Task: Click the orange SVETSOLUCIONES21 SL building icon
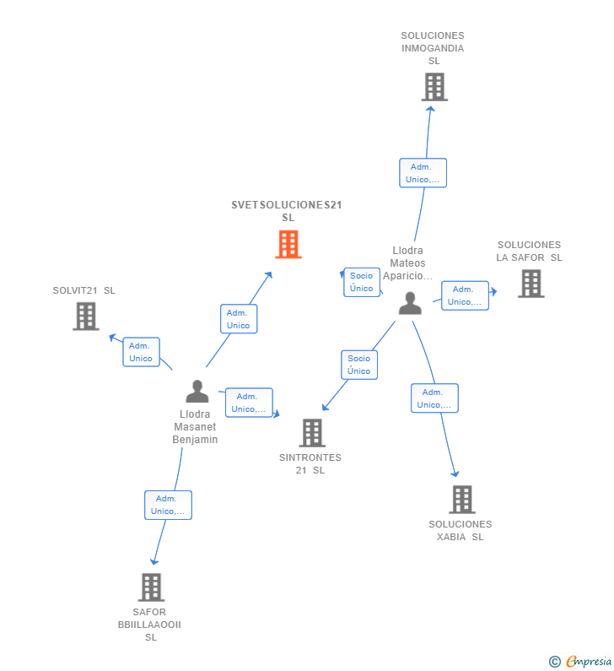click(x=288, y=245)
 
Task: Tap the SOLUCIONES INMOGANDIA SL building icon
click(x=434, y=87)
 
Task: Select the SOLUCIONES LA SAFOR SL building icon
click(x=531, y=284)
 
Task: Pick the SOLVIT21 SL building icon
click(x=86, y=316)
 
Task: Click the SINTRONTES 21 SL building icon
click(x=312, y=433)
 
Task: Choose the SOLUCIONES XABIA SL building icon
click(x=461, y=500)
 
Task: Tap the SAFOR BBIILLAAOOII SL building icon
click(x=151, y=587)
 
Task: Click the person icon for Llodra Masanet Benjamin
click(x=197, y=392)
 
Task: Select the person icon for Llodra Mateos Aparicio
click(x=410, y=303)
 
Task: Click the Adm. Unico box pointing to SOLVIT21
click(x=141, y=352)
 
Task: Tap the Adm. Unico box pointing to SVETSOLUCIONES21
click(x=238, y=319)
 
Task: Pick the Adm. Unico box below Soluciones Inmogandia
click(x=423, y=173)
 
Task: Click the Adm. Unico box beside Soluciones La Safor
click(x=465, y=295)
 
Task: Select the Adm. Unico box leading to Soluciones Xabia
click(x=434, y=398)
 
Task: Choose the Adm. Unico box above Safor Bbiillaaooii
click(x=168, y=505)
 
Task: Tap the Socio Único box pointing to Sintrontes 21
click(x=358, y=365)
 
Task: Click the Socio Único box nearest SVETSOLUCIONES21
click(x=361, y=282)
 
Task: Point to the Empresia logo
click(x=582, y=661)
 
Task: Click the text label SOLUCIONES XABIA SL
click(x=460, y=531)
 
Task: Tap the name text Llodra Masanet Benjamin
click(x=195, y=427)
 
